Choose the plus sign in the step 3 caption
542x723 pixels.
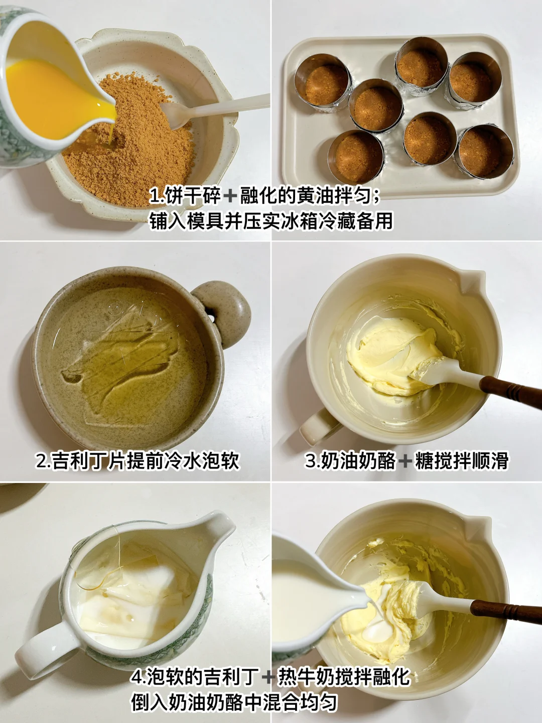coord(405,461)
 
